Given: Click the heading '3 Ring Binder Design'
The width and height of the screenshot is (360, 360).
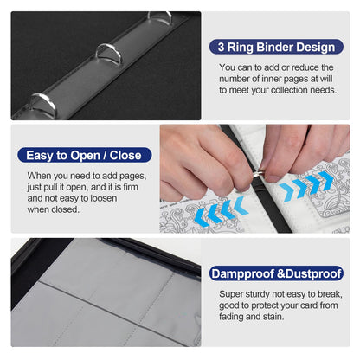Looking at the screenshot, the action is coord(276,47).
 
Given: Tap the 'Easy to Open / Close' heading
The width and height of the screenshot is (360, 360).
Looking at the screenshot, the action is coord(84,156).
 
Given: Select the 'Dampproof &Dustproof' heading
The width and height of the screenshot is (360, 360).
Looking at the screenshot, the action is coord(276,273).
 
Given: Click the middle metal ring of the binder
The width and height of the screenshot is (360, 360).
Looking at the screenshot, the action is coord(109,54).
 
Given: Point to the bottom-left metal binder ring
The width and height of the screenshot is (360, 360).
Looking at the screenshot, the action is coord(43,105).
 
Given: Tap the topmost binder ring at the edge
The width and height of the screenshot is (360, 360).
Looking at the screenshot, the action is coord(159,16).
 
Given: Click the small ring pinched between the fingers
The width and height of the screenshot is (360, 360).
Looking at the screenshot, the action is coord(257,174).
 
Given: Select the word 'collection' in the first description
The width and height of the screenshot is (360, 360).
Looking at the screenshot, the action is coord(289,90).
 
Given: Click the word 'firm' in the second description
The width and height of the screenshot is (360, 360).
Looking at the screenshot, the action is coord(131,187).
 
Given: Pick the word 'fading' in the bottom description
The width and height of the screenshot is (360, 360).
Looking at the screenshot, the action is coord(233,317).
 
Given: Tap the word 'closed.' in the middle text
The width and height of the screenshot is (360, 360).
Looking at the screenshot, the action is coord(67,209).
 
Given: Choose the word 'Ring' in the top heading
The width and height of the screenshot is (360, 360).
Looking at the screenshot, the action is coord(241,48).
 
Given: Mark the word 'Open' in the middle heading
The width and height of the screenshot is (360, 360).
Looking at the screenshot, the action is coord(88,156).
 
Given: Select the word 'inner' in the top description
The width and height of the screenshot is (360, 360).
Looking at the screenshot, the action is coord(273,79).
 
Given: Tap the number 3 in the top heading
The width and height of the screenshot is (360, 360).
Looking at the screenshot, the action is coord(221,48).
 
